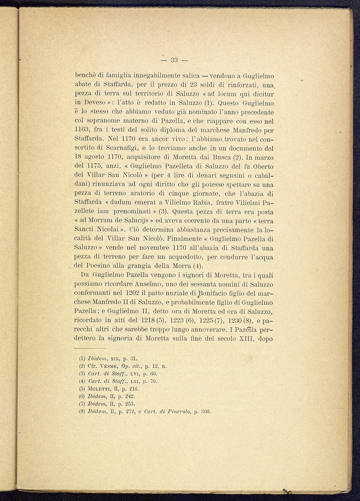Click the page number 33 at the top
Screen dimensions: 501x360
pyautogui.click(x=174, y=60)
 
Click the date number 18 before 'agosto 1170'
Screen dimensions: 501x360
pyautogui.click(x=77, y=157)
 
